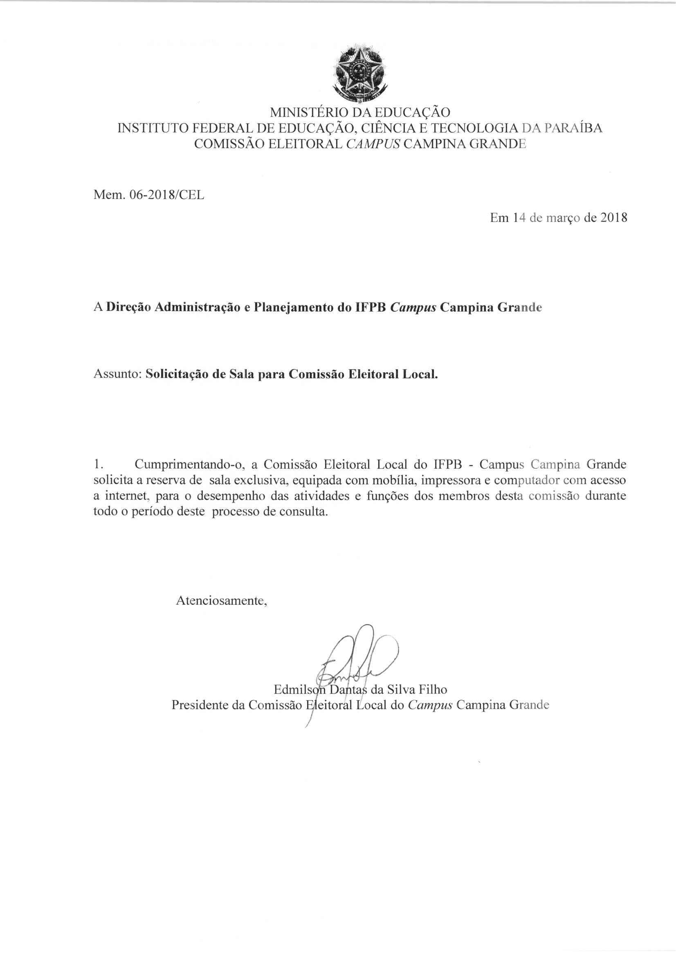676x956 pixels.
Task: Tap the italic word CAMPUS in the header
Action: point(373,144)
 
